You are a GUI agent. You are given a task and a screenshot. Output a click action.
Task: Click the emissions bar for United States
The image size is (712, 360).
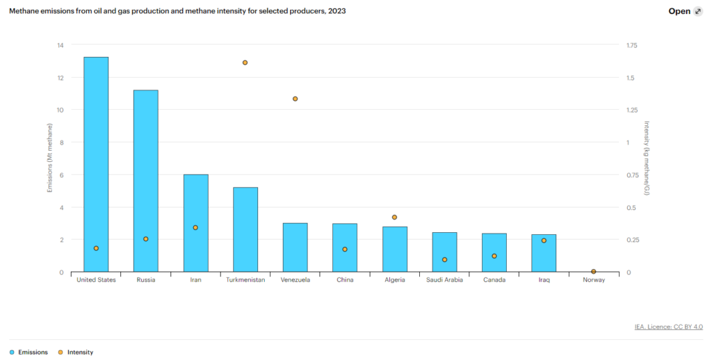[x=96, y=164]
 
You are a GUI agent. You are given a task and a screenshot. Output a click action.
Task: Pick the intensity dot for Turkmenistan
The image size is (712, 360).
[x=245, y=63]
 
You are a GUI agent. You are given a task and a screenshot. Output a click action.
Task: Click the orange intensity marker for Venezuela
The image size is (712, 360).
[x=295, y=99]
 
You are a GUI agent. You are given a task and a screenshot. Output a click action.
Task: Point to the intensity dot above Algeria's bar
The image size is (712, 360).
[x=394, y=218]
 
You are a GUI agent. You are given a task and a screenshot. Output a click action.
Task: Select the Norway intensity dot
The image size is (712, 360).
[x=593, y=272]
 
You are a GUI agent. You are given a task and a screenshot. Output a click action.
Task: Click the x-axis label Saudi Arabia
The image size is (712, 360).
[x=444, y=280]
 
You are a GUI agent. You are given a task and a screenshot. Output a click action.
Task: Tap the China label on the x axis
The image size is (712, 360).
[x=345, y=280]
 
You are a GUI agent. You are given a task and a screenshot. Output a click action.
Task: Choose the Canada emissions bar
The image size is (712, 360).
[x=494, y=253]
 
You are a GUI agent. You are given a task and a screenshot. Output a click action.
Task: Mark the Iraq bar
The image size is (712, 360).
[x=544, y=254]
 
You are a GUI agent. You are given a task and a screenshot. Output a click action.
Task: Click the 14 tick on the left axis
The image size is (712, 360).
[x=60, y=45]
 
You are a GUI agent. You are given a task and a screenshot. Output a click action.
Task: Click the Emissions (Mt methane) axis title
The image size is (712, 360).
[x=49, y=158]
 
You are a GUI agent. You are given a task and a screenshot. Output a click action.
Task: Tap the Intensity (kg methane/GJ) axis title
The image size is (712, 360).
[x=646, y=158]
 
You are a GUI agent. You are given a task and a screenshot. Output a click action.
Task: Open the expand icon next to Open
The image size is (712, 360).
[x=698, y=11]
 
